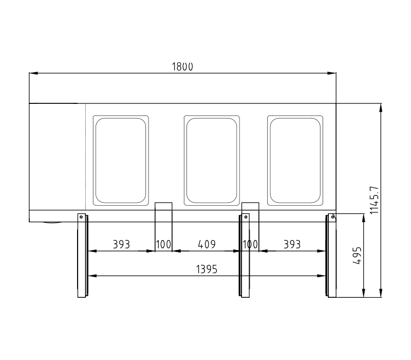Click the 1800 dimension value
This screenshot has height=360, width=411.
pos(182,67)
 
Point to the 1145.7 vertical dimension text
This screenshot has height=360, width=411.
pos(375,200)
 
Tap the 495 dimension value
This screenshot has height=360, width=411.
pos(357,255)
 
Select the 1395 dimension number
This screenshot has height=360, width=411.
pos(207,269)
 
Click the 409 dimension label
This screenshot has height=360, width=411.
pos(207,244)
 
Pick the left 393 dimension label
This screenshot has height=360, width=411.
pos(121,244)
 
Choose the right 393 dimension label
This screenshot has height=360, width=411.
pos(292,244)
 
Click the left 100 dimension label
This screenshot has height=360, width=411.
pos(163,244)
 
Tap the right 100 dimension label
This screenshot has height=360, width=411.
pos(250,244)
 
